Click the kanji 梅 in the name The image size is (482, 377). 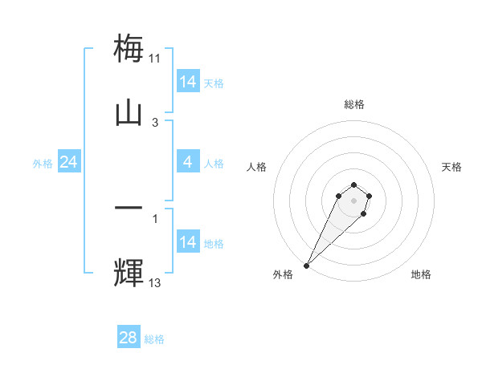129,47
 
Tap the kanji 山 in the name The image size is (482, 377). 129,112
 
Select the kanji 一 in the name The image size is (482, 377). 129,207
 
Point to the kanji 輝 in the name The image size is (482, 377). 129,272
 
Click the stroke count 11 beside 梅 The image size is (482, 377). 155,59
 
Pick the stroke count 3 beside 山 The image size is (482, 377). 155,123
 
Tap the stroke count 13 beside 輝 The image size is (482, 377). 155,282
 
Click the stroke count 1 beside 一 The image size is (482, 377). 155,217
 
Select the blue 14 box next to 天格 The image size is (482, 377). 188,82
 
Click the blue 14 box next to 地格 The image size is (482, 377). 188,242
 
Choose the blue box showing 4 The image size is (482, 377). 188,162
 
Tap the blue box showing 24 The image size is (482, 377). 69,162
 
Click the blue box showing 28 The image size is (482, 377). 129,338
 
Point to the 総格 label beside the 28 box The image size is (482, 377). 155,339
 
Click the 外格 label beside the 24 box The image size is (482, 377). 43,164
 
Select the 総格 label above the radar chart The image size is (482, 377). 353,104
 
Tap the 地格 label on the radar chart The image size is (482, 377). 421,274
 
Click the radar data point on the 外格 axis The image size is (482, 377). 306,265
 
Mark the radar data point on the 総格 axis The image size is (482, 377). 353,184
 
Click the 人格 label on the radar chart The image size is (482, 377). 257,167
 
